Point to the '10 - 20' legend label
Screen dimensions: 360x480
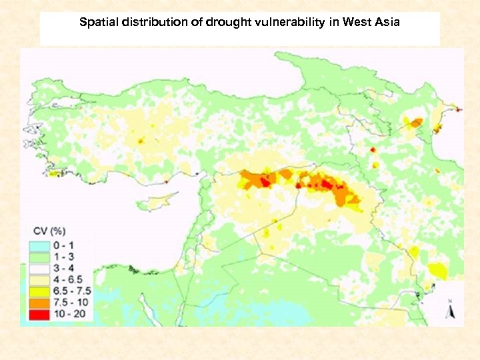click(x=67, y=313)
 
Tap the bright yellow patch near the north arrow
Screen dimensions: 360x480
click(x=437, y=271)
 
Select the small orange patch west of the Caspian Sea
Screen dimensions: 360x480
click(x=416, y=122)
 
